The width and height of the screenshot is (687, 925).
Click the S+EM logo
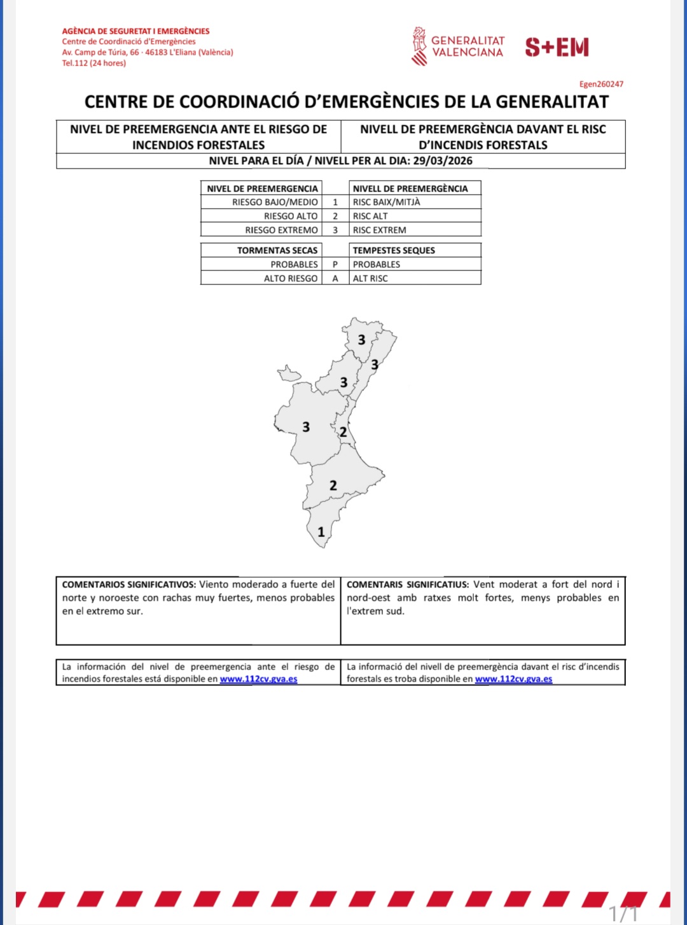557,47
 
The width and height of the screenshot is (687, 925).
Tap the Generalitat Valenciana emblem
419,46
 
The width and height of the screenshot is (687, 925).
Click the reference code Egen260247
601,84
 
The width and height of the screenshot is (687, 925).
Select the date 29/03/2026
443,161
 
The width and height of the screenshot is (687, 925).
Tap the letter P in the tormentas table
335,265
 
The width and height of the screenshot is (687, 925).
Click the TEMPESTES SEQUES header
394,251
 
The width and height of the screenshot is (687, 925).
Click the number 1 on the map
321,532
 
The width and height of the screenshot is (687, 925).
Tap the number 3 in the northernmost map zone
361,340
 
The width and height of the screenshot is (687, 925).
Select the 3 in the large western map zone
306,427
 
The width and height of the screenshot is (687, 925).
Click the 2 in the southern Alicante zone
333,486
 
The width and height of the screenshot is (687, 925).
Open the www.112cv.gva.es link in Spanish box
258,679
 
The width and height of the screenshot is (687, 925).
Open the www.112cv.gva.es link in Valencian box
513,679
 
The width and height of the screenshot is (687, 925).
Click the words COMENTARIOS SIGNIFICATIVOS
129,585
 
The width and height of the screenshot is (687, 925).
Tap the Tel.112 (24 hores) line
94,63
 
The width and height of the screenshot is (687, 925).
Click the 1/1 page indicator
623,914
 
